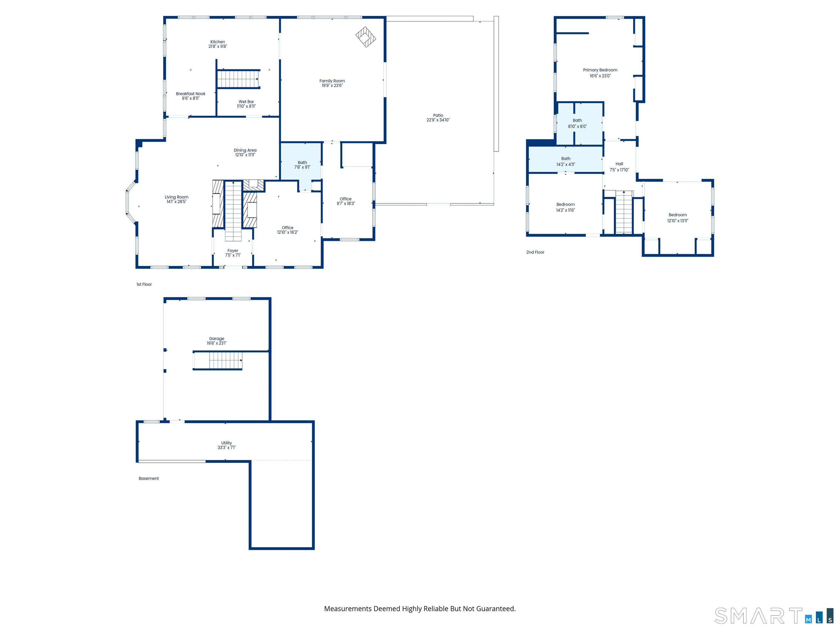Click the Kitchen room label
click(218, 42)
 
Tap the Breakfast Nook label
click(191, 94)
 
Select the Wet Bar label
click(246, 101)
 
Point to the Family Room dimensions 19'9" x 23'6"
click(332, 85)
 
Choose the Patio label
click(438, 115)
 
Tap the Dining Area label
click(245, 150)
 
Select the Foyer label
click(233, 250)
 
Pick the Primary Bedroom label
click(600, 70)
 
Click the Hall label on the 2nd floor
click(619, 164)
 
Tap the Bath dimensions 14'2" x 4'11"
click(565, 164)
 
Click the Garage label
click(217, 338)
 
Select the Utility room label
click(226, 443)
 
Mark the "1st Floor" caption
click(144, 284)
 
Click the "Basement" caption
click(148, 478)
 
